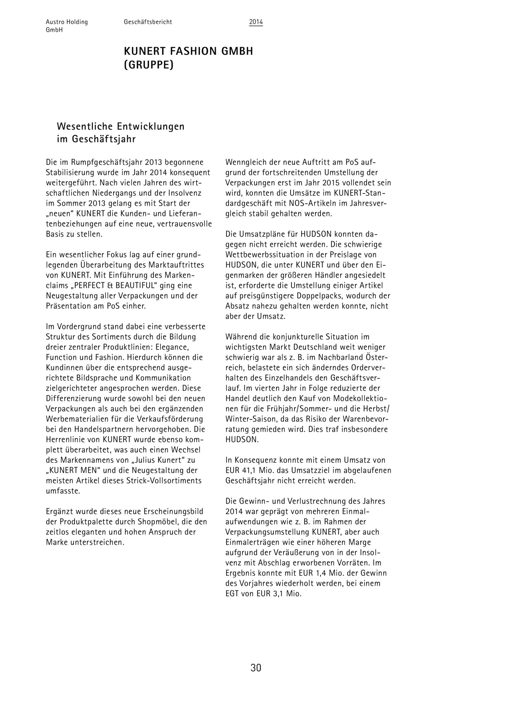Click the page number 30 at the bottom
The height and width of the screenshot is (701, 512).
point(256,668)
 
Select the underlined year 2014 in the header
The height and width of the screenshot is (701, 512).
point(256,22)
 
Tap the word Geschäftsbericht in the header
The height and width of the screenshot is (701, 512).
point(148,22)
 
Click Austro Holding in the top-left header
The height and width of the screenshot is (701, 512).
point(67,22)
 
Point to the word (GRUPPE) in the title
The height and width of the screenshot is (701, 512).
point(149,65)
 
